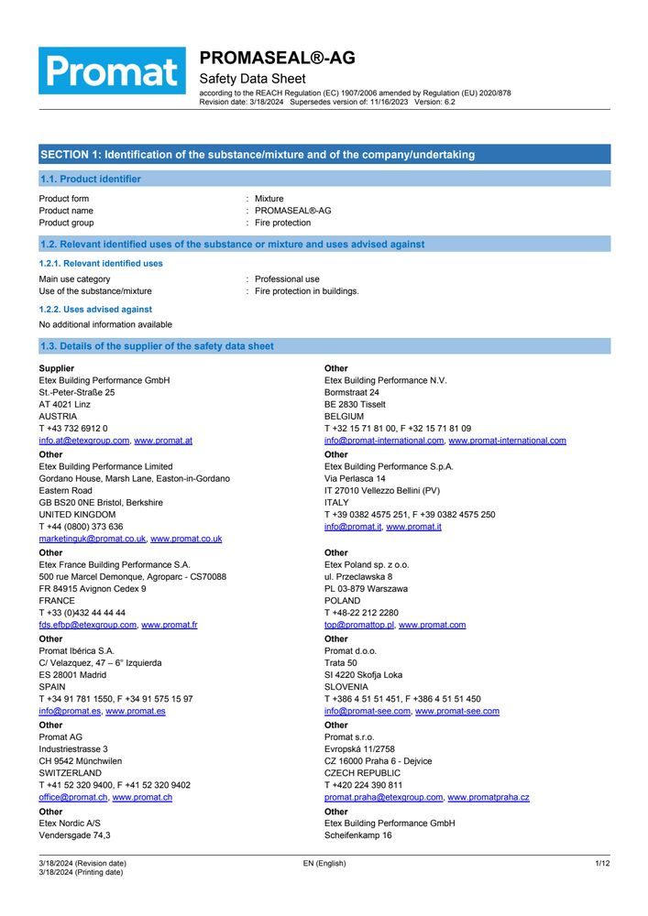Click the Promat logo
112,71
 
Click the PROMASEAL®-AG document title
277,59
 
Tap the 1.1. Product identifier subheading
90,180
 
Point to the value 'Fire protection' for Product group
282,223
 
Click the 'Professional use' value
287,279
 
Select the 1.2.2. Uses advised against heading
95,310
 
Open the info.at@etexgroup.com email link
83,441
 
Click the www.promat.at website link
163,441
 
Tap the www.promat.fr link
170,625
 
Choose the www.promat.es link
136,711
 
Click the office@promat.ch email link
72,798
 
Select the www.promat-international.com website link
507,441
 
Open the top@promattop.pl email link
359,625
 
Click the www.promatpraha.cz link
489,798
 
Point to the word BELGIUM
344,416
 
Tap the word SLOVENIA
346,686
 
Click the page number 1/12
602,864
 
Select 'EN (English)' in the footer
324,864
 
